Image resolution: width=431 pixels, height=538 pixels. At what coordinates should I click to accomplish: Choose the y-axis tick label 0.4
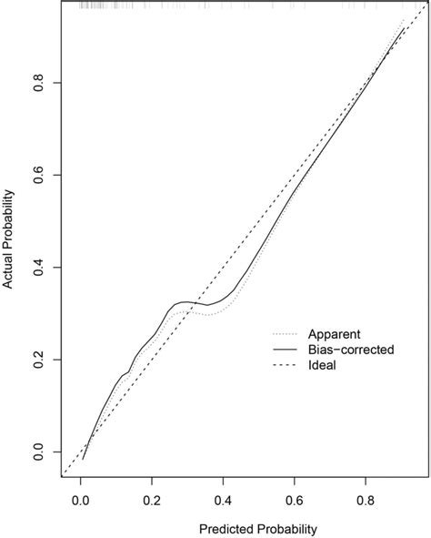click(x=38, y=268)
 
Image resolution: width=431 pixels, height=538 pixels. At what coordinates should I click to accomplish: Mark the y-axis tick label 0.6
click(x=38, y=175)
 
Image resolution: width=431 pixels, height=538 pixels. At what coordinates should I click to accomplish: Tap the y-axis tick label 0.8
click(x=38, y=83)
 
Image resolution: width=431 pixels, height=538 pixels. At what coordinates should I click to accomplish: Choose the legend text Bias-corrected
click(x=350, y=349)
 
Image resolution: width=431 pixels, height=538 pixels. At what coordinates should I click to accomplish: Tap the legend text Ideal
click(x=323, y=366)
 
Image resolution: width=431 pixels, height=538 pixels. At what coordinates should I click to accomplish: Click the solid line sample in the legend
click(x=286, y=349)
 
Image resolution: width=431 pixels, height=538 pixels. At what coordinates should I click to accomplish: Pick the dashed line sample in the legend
click(x=286, y=366)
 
